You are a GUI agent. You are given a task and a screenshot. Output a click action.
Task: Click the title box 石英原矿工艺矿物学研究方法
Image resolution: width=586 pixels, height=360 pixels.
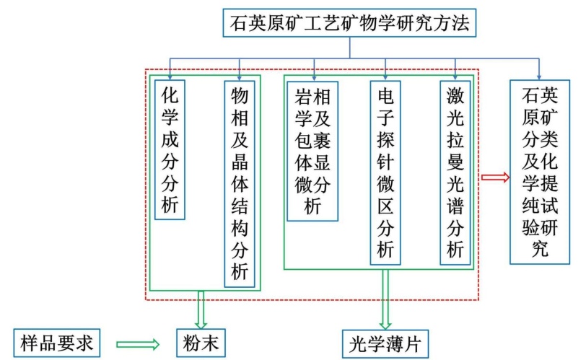[350, 22]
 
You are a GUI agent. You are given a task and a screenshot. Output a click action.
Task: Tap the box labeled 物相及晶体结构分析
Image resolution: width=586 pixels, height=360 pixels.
[240, 183]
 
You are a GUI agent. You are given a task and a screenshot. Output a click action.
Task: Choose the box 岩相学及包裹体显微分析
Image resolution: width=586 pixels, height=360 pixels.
[312, 149]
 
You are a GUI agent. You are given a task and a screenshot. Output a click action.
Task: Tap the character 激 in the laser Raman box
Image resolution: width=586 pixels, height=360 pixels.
[455, 95]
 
